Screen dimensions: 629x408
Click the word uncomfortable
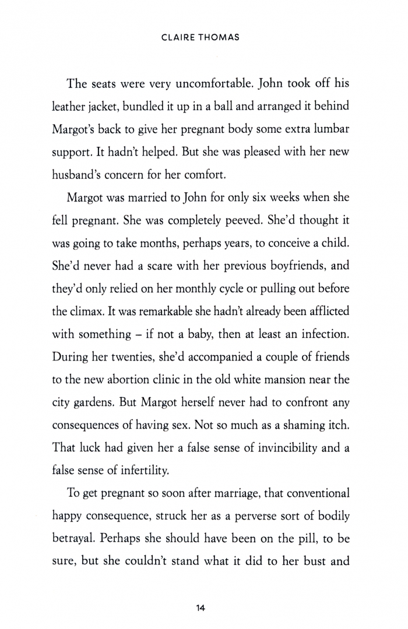213,84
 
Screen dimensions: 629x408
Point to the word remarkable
156,311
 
